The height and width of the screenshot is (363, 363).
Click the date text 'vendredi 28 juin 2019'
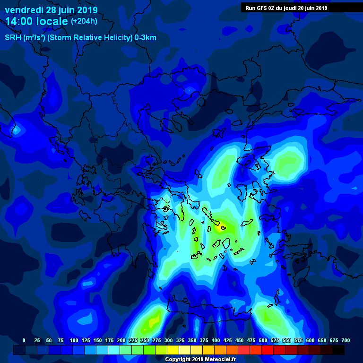(x=51, y=10)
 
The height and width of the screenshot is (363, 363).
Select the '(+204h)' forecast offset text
(x=84, y=21)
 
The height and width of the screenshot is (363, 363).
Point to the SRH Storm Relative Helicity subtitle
(x=80, y=38)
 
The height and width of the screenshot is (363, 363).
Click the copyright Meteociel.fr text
(x=200, y=360)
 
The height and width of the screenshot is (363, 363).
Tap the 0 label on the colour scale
(x=24, y=340)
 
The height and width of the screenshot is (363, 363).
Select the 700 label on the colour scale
(x=346, y=340)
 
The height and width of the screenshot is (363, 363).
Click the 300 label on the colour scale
(x=168, y=340)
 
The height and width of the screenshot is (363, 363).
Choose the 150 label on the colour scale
(x=97, y=340)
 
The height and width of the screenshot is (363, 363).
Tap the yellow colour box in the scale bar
(x=173, y=350)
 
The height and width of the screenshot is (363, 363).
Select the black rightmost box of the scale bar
(x=338, y=350)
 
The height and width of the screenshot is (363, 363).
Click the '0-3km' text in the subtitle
(x=146, y=38)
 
